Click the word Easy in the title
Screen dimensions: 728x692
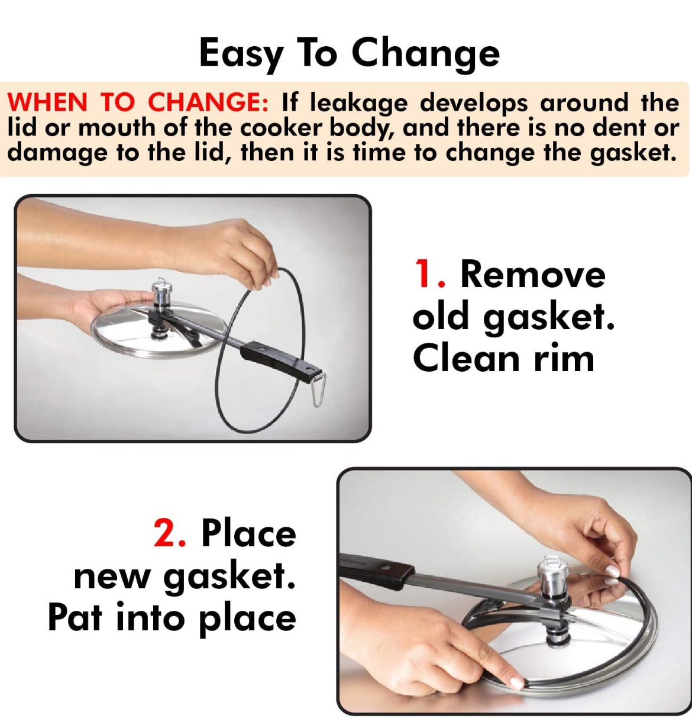241,54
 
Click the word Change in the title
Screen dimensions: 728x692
425,54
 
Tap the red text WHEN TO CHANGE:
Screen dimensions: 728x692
138,102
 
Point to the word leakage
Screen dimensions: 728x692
358,104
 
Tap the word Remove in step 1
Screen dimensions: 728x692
533,274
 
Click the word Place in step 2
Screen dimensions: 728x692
248,533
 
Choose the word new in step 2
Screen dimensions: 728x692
112,576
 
